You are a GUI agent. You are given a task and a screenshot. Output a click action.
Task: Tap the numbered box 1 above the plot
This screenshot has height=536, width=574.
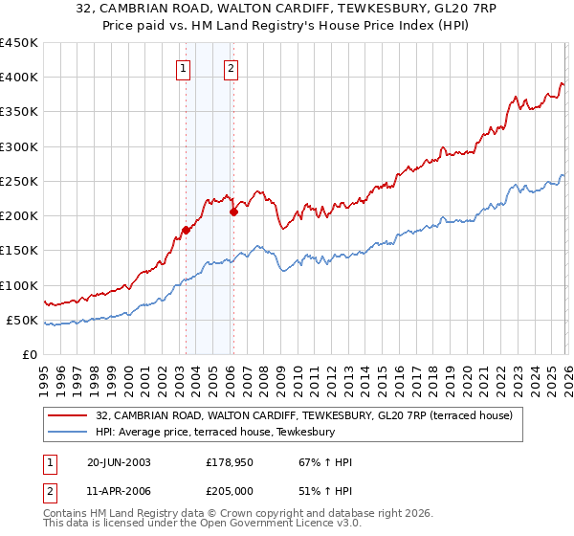(x=182, y=68)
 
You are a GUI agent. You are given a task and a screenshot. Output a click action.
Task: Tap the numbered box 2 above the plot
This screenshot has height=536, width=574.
(x=232, y=68)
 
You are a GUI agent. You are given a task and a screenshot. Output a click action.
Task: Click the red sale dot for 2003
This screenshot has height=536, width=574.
(x=186, y=230)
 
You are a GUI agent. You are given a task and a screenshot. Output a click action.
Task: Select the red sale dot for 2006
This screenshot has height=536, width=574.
(x=233, y=212)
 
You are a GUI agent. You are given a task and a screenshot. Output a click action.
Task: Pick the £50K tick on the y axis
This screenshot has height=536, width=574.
(x=22, y=321)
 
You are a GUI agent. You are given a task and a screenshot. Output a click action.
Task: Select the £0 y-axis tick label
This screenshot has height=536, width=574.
(x=30, y=355)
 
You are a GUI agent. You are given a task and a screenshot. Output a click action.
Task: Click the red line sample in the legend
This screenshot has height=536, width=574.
(x=70, y=415)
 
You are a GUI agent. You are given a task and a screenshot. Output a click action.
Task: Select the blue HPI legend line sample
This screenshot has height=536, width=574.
(x=70, y=432)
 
